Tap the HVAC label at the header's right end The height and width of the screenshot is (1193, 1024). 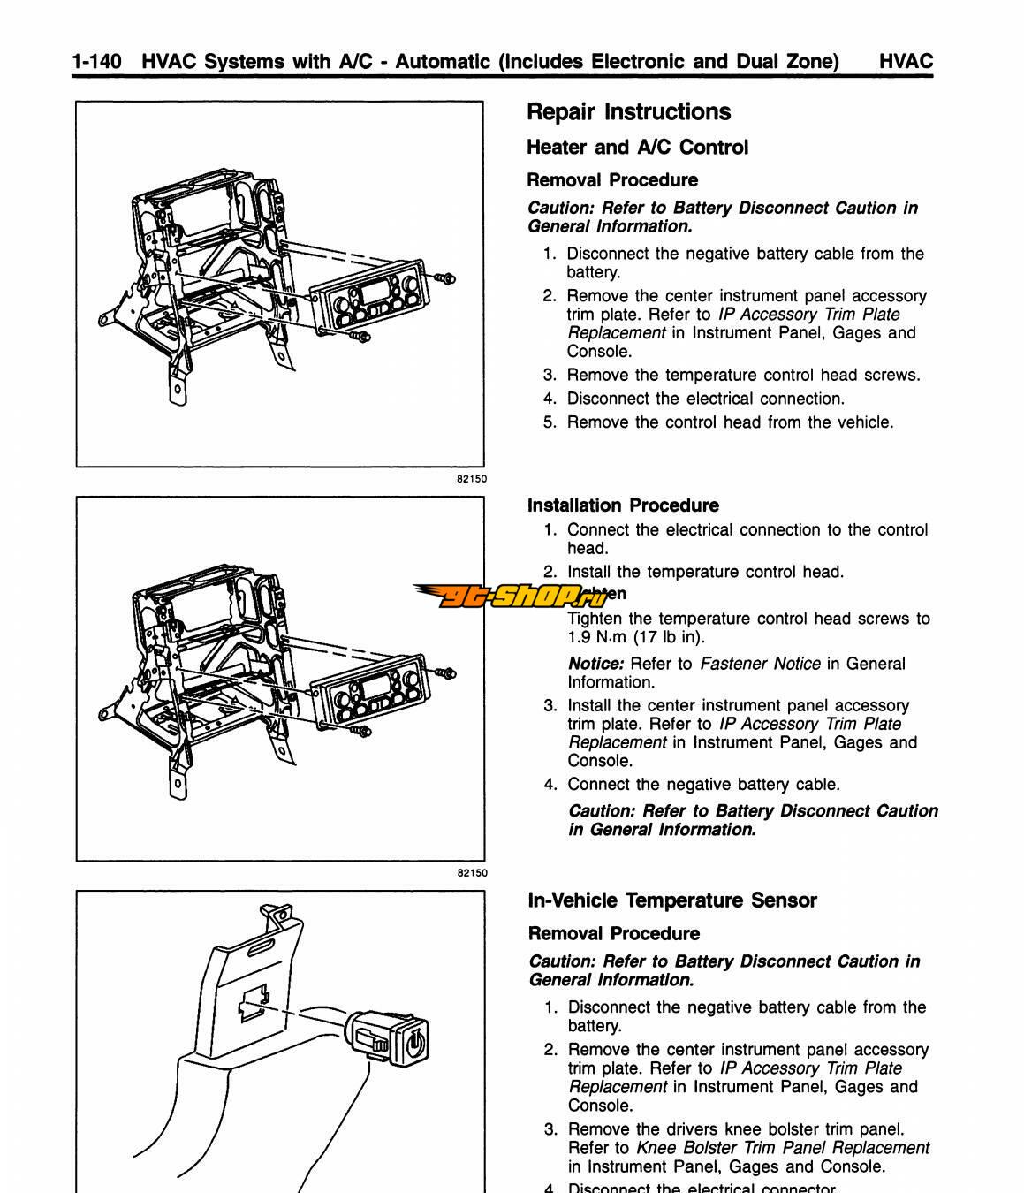(x=906, y=61)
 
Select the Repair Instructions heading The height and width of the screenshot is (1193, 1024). (x=628, y=112)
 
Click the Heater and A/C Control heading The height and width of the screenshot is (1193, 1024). (x=637, y=148)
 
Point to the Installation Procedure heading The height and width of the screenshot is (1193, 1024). (x=623, y=505)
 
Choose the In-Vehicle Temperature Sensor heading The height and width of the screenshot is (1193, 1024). (x=671, y=900)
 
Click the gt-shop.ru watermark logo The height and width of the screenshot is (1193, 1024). (x=512, y=596)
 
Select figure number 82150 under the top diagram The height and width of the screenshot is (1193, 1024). (x=471, y=478)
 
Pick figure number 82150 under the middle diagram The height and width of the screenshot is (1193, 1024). (x=471, y=873)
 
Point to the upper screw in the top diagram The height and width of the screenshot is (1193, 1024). (x=446, y=278)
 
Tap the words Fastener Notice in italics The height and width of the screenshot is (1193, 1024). (x=760, y=664)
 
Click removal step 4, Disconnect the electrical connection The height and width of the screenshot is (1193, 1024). (x=705, y=399)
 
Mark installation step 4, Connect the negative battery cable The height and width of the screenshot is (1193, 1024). (x=703, y=785)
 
